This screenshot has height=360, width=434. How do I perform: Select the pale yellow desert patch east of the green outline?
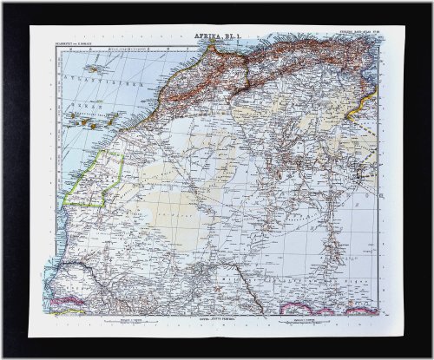[x=156, y=187]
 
